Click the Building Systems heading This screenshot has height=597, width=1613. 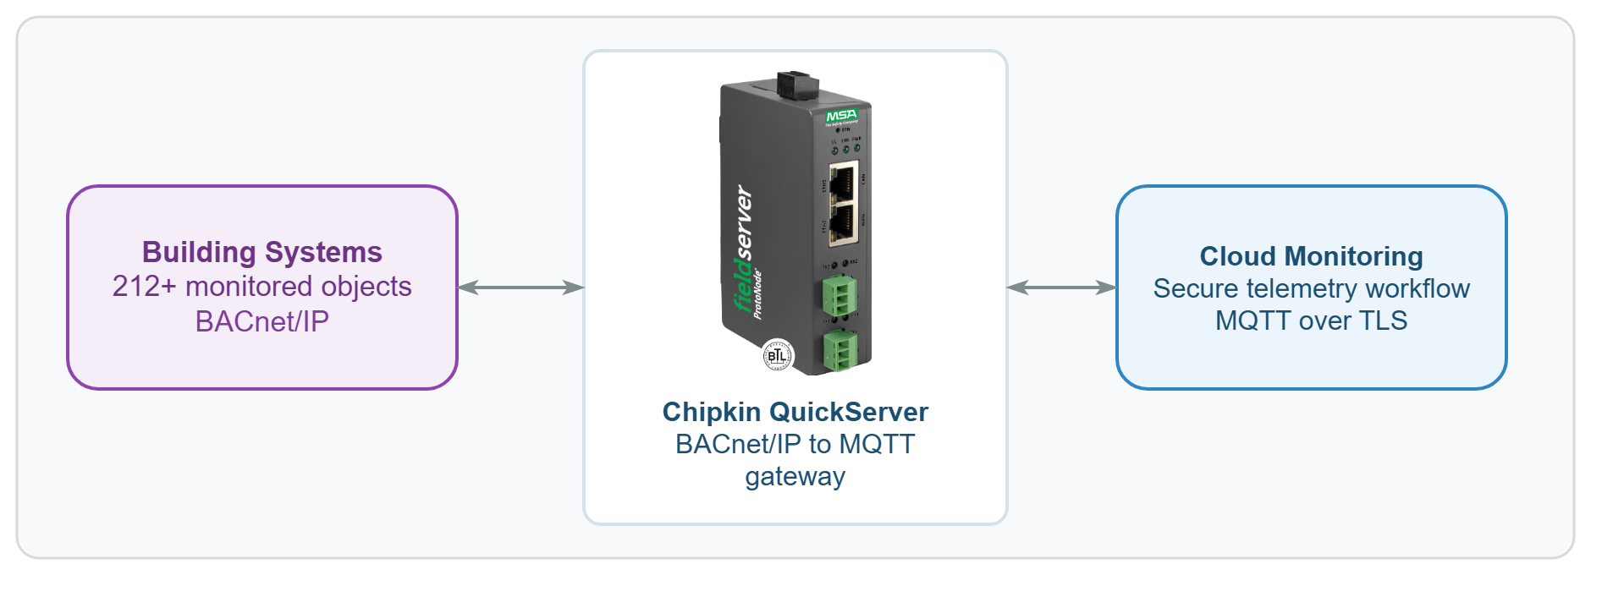tap(261, 252)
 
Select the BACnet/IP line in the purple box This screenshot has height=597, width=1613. tap(261, 321)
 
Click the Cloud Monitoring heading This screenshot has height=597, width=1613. tap(1311, 256)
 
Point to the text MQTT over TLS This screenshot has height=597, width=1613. tap(1311, 321)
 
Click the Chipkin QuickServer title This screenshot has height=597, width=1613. tap(795, 412)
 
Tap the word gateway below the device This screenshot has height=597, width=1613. tap(795, 477)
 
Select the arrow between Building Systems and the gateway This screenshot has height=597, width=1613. tap(520, 288)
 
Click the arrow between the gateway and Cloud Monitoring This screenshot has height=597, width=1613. tap(1061, 288)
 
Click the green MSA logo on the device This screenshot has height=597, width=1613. tap(841, 115)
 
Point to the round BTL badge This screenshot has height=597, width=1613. tap(778, 356)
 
